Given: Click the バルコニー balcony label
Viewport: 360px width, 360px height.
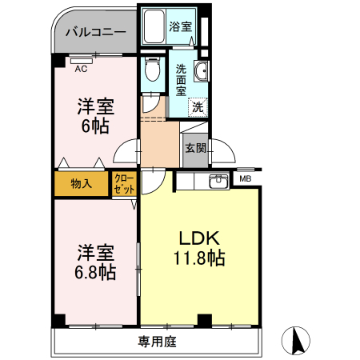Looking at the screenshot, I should (96, 34).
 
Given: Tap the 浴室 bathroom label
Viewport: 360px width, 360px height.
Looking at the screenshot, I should (180, 26).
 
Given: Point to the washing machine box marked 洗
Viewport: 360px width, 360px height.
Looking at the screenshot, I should (196, 106).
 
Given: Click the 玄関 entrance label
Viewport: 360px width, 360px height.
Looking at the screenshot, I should (194, 148).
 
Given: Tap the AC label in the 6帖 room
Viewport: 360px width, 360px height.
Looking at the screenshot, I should (81, 70).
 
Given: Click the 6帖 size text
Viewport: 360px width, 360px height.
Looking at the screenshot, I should (94, 126).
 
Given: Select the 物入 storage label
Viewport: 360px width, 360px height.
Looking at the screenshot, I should (81, 184).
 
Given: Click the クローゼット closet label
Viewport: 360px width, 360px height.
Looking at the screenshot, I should (124, 184).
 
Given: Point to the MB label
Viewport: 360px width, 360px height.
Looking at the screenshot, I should (245, 179).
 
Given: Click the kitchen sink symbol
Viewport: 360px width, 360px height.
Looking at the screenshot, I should (216, 181).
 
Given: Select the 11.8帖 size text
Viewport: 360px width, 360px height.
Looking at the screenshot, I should (199, 259).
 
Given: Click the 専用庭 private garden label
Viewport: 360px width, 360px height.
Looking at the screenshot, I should (157, 342).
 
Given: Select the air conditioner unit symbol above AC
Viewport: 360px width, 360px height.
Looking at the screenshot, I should (81, 59).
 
